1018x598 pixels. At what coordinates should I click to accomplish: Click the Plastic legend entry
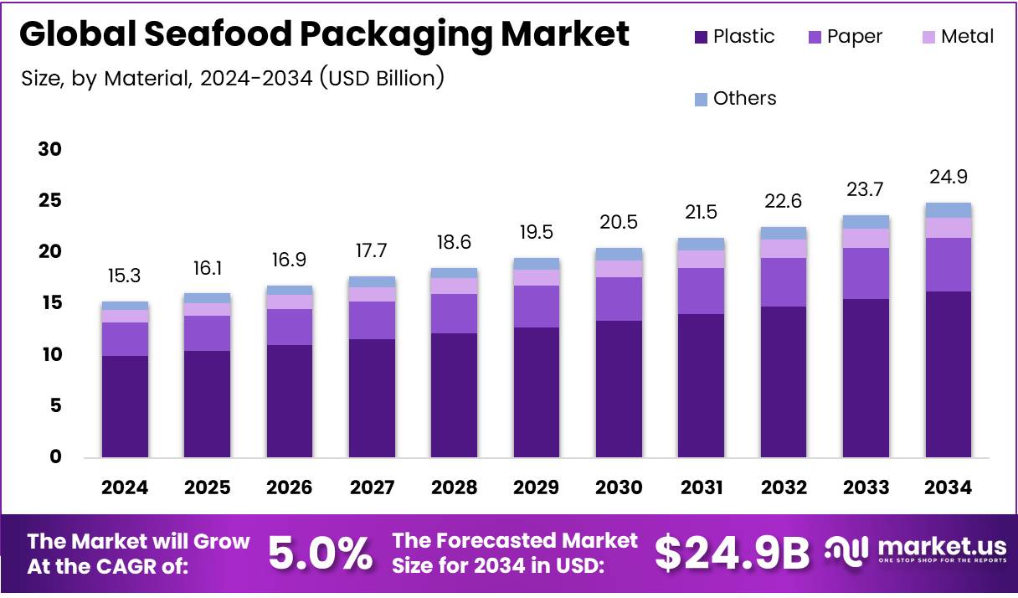tap(734, 37)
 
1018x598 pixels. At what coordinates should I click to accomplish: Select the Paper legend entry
tap(846, 37)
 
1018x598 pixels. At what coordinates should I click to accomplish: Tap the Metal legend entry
tap(958, 37)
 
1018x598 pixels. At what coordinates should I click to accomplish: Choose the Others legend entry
tap(735, 99)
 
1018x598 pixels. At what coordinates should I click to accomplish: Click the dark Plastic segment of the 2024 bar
tap(125, 406)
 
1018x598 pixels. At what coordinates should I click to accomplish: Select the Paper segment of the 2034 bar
tap(948, 265)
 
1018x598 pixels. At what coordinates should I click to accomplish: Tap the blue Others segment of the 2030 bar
tap(619, 254)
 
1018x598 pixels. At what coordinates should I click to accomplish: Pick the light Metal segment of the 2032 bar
tap(784, 249)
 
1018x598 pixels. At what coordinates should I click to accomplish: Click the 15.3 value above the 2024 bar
tap(125, 275)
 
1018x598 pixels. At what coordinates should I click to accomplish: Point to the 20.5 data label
tap(619, 222)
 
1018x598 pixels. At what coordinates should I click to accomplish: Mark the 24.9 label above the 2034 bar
tap(948, 177)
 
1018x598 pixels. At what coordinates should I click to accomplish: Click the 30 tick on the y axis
tap(49, 150)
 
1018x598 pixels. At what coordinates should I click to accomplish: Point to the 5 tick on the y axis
tap(55, 406)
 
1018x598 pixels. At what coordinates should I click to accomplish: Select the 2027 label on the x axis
tap(372, 487)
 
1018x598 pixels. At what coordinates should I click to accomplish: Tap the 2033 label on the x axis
tap(866, 487)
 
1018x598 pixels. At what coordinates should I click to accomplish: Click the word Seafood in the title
tap(222, 34)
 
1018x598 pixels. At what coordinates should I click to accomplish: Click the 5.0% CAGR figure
tap(320, 553)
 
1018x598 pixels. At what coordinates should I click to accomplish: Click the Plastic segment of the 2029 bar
tap(537, 392)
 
